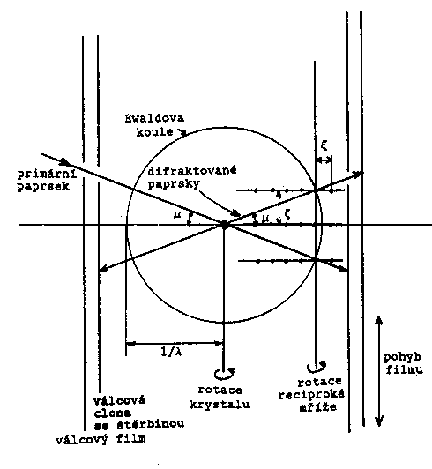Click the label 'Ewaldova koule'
click(x=154, y=125)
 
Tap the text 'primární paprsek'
click(x=48, y=181)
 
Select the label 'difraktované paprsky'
click(x=192, y=177)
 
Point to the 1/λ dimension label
click(x=171, y=352)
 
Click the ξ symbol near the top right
click(x=324, y=145)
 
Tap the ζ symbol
click(x=287, y=215)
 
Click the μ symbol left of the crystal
click(x=177, y=214)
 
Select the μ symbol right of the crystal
click(x=265, y=219)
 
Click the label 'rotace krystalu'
click(x=220, y=398)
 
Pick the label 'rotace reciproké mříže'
click(x=312, y=395)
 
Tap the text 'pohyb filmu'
click(x=403, y=363)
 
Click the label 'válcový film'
click(x=101, y=439)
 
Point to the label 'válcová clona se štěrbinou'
click(x=138, y=413)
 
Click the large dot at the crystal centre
click(x=224, y=224)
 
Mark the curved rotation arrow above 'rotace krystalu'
click(x=225, y=374)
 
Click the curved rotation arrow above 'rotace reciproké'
click(x=316, y=367)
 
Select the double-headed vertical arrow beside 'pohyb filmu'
click(x=379, y=371)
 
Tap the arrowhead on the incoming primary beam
click(x=66, y=162)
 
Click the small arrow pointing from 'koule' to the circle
click(x=181, y=132)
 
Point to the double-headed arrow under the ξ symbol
click(x=324, y=160)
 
